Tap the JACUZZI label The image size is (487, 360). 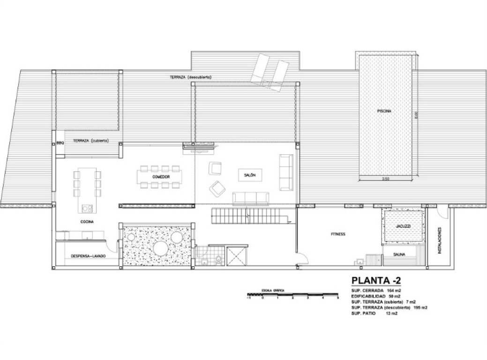click(403, 226)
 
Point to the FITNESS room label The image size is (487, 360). click(338, 234)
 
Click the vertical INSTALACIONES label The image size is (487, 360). click(440, 240)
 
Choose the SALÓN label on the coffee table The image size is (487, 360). click(249, 175)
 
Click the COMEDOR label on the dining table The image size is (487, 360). click(160, 177)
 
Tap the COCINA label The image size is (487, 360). click(86, 222)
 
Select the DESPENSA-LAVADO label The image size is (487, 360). click(88, 256)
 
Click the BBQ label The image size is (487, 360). click(60, 143)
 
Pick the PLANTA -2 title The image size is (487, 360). click(375, 281)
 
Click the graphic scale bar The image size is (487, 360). click(293, 294)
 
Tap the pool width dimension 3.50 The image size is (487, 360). click(385, 179)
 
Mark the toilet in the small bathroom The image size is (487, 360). click(218, 259)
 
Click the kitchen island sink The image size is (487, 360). click(86, 207)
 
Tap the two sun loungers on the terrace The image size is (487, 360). click(270, 70)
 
